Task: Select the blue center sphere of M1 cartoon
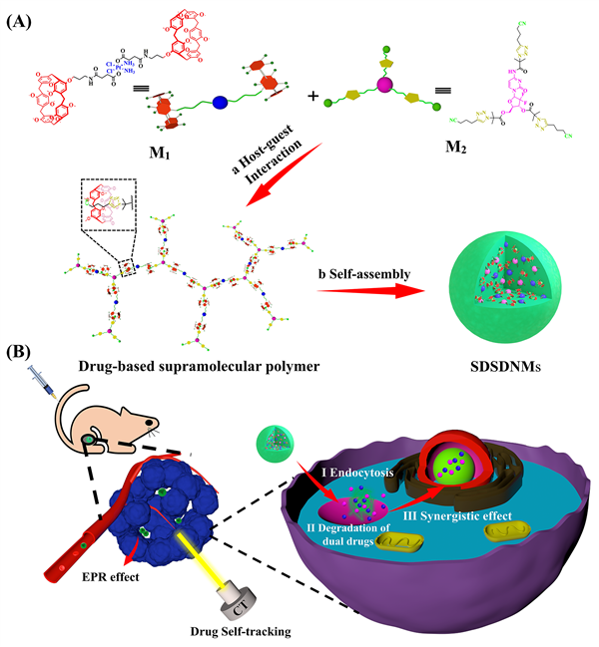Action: click(x=219, y=99)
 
